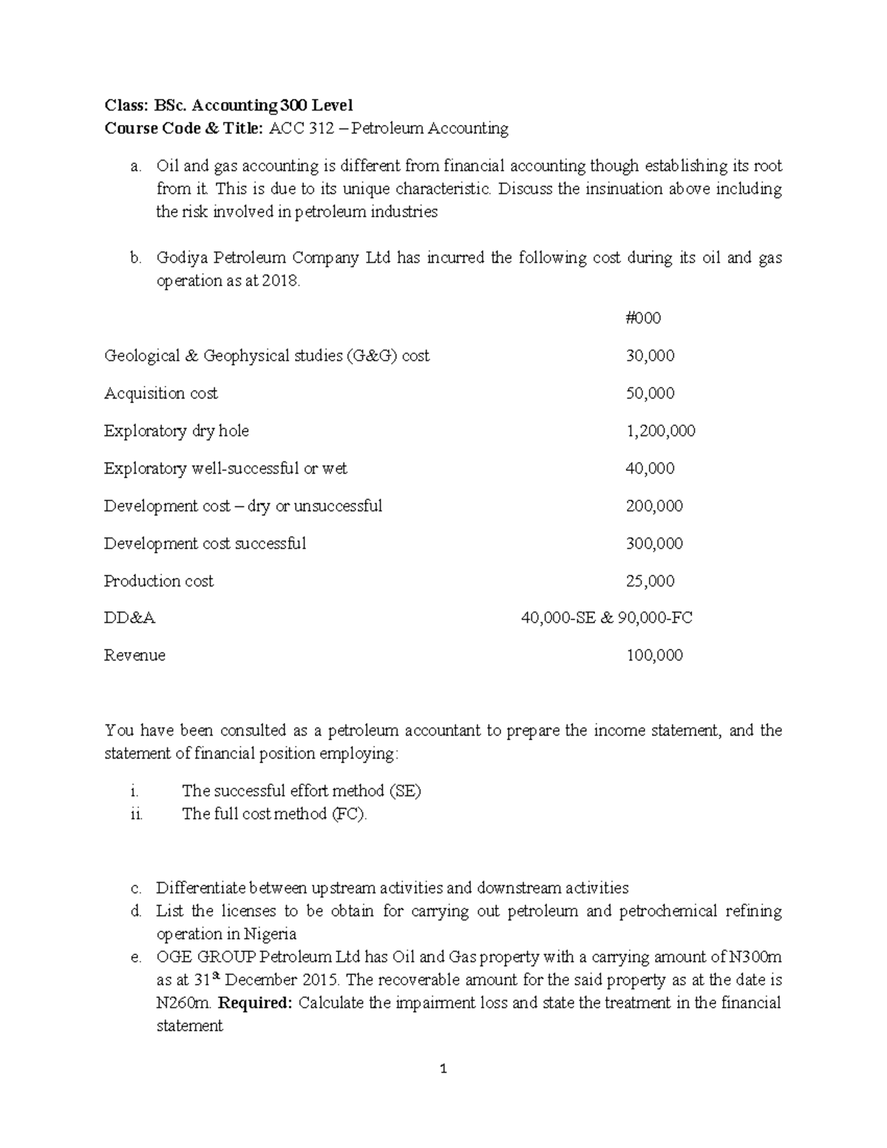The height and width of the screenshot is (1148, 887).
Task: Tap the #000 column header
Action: point(642,319)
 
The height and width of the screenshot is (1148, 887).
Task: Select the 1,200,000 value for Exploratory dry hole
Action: point(660,431)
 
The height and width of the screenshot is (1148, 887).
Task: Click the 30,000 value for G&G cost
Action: point(650,356)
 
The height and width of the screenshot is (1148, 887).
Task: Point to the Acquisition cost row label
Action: point(161,394)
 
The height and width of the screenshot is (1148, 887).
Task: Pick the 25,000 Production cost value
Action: point(650,582)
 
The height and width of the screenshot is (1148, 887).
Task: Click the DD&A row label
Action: point(130,619)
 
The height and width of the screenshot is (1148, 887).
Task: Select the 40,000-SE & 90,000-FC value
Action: point(606,619)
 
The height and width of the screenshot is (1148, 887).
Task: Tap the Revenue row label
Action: point(135,656)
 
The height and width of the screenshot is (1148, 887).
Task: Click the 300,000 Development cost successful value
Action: point(654,544)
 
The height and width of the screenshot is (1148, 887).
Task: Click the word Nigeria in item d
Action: point(271,934)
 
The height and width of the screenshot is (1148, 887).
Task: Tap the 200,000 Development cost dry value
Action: point(654,506)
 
